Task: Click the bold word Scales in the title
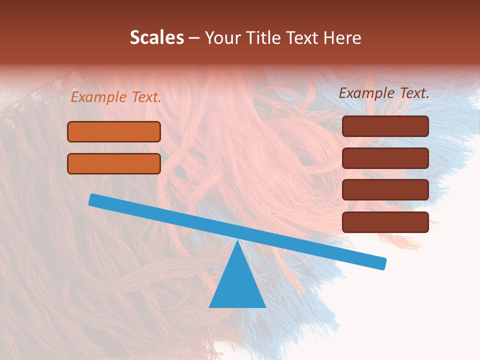coord(156,38)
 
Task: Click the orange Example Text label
coord(116,97)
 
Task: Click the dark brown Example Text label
coord(384,93)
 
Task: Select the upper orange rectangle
coord(114,132)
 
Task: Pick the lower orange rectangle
coord(114,163)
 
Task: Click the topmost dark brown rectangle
coord(385,126)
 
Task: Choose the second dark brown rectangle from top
coord(385,158)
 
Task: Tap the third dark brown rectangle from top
coord(385,190)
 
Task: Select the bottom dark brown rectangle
coord(385,222)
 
